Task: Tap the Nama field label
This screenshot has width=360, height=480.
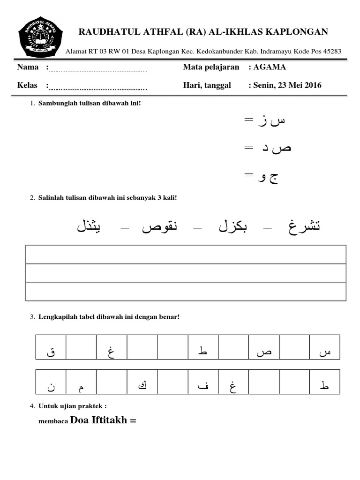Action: [28, 67]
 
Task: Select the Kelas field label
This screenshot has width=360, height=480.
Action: [27, 85]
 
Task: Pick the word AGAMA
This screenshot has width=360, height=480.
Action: [270, 67]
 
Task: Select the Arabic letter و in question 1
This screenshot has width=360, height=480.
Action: [260, 177]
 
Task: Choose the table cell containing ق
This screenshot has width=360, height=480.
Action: [51, 347]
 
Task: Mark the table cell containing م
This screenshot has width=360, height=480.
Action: [82, 381]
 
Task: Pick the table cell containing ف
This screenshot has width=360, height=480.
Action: [203, 381]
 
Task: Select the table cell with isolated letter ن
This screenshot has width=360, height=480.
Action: [51, 381]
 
